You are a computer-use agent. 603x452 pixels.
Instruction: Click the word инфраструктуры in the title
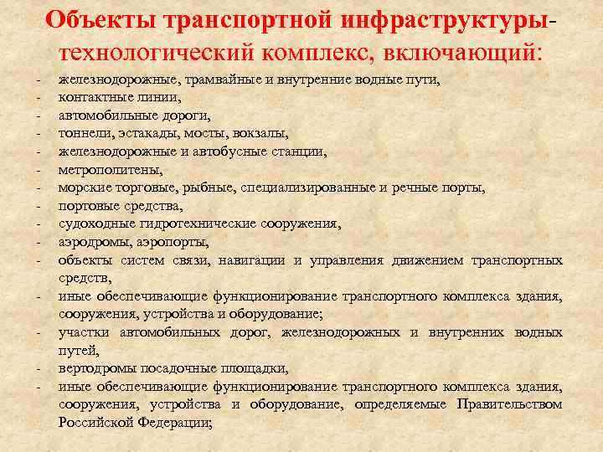(x=443, y=19)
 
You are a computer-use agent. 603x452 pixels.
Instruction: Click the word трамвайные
(x=206, y=80)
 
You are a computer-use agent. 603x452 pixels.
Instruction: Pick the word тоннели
(x=82, y=132)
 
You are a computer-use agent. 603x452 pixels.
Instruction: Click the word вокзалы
(x=260, y=132)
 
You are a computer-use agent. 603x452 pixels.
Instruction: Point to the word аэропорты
(x=173, y=242)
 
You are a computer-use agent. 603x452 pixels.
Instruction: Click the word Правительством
(x=510, y=404)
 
